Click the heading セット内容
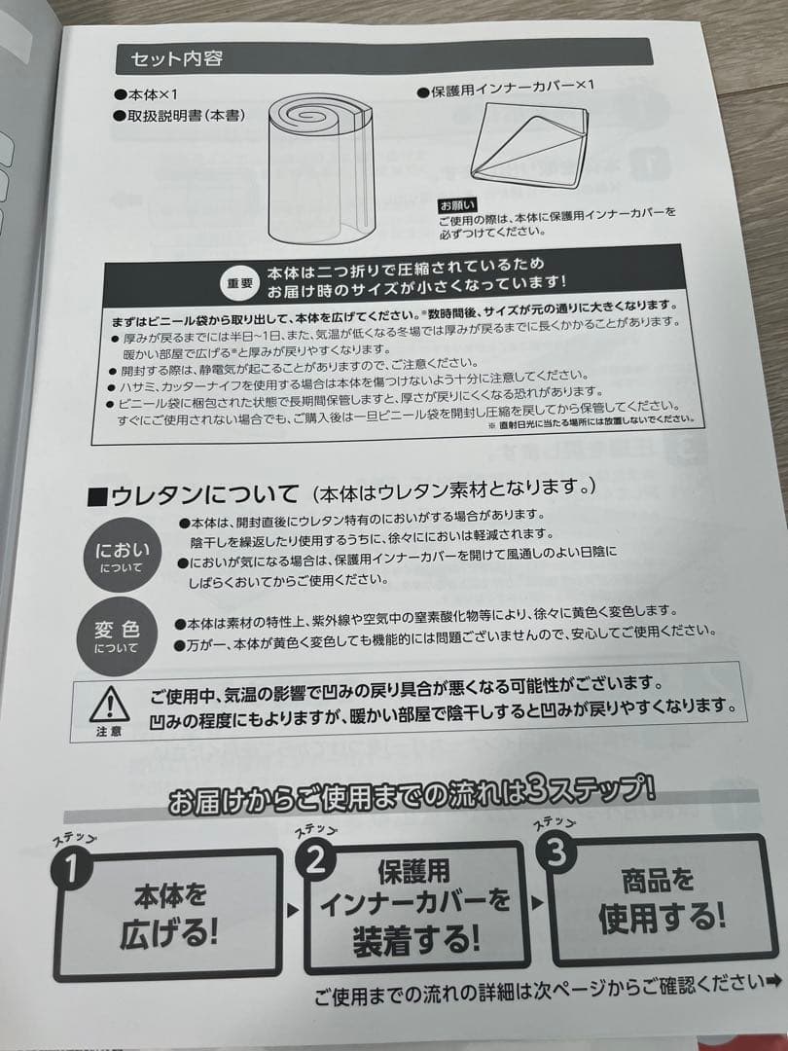click(177, 58)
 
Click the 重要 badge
click(239, 283)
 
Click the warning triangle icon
click(109, 702)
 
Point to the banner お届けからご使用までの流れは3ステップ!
click(412, 801)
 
